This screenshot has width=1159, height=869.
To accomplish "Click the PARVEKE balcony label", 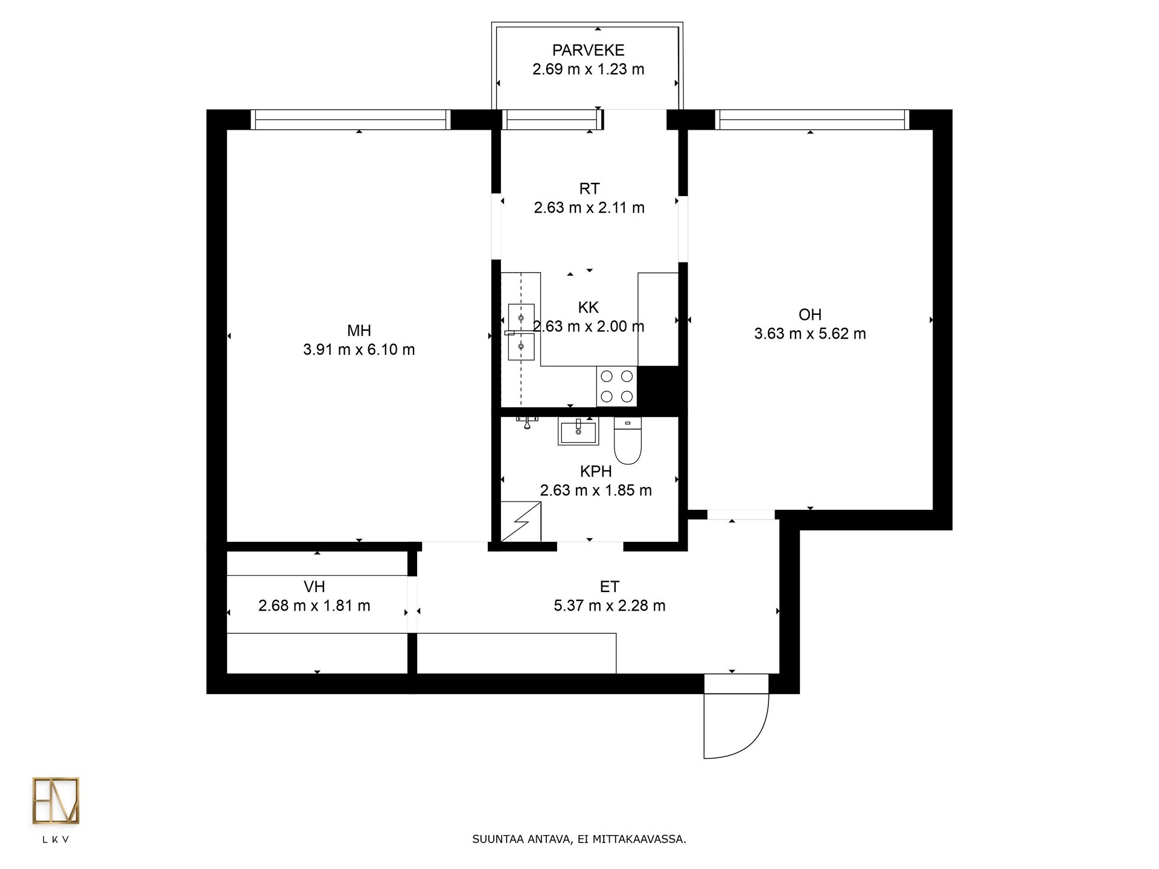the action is [589, 50].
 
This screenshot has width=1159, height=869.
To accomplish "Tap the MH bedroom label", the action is [359, 331].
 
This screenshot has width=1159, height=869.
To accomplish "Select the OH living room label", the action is [810, 314].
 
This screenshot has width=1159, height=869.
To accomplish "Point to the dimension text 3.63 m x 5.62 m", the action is [810, 334].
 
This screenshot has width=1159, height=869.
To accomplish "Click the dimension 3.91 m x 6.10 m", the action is [359, 350].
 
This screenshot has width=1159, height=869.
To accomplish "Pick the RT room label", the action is [589, 189].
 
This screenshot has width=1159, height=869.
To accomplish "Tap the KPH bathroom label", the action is [596, 471].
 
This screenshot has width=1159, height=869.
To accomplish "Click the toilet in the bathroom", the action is [627, 441].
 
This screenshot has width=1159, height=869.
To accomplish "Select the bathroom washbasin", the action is [578, 431].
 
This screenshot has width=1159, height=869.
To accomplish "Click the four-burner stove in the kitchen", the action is [617, 386].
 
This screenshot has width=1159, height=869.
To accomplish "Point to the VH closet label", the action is [314, 587].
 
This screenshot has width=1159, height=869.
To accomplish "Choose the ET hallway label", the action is [610, 587].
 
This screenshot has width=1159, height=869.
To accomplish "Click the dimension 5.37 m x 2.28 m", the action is [610, 606].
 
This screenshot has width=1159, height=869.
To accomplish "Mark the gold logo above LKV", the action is [56, 801].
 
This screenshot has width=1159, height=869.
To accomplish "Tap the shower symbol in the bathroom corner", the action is [521, 521].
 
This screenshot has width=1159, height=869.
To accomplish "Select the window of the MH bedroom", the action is [351, 119].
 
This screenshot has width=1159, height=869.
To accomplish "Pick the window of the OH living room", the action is [812, 119].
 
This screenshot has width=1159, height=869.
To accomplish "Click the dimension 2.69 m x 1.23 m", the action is [589, 69].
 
